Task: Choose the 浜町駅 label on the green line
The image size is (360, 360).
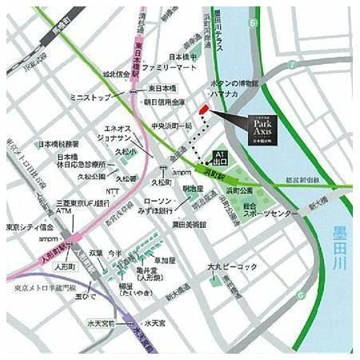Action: pyautogui.click(x=213, y=171)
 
